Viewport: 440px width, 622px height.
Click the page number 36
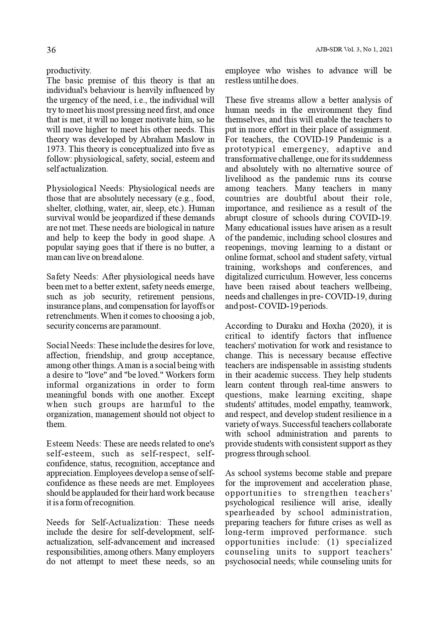pos(51,50)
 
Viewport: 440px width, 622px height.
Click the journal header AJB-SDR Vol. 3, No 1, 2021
pos(353,50)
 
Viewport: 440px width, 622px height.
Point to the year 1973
pos(55,149)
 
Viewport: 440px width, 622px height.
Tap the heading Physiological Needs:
pos(85,188)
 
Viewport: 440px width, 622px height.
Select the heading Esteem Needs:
pos(74,444)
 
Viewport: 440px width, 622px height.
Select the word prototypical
pos(250,149)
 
